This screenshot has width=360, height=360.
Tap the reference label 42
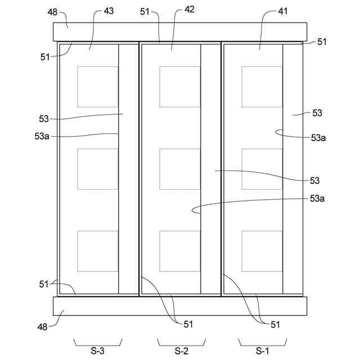pyautogui.click(x=190, y=11)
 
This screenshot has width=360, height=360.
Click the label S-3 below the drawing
pyautogui.click(x=97, y=352)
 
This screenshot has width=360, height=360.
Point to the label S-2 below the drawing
pyautogui.click(x=181, y=352)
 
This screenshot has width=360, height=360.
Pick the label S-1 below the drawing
pyautogui.click(x=263, y=352)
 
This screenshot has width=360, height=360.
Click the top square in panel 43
pyautogui.click(x=98, y=87)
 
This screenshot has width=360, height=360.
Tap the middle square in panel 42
pyautogui.click(x=180, y=169)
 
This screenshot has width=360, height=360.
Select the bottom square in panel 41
pyautogui.click(x=262, y=251)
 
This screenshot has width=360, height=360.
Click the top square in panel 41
pyautogui.click(x=262, y=87)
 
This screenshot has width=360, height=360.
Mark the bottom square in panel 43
pyautogui.click(x=98, y=251)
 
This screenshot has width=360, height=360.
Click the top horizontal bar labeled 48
pyautogui.click(x=180, y=31)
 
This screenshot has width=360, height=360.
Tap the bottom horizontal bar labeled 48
pyautogui.click(x=180, y=306)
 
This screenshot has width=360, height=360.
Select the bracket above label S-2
pyautogui.click(x=181, y=341)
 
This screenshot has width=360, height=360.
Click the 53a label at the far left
pyautogui.click(x=42, y=136)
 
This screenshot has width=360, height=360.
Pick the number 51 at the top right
pyautogui.click(x=322, y=42)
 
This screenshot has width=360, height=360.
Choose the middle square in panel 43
pyautogui.click(x=98, y=169)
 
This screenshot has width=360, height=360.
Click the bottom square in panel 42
pyautogui.click(x=180, y=251)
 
